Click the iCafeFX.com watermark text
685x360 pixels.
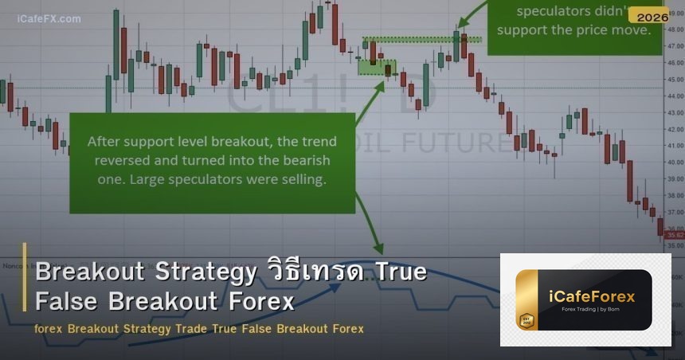coord(49,18)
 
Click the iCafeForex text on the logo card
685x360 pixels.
coord(593,296)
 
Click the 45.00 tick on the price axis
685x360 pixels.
coord(675,79)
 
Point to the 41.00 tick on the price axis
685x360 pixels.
coord(675,146)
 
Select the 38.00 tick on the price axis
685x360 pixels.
coord(675,196)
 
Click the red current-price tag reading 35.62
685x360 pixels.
coord(675,236)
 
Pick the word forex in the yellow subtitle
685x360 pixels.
coord(49,328)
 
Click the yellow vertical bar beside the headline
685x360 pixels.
coord(25,288)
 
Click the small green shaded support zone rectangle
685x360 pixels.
coord(377,67)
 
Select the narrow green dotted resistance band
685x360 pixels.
coord(421,39)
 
